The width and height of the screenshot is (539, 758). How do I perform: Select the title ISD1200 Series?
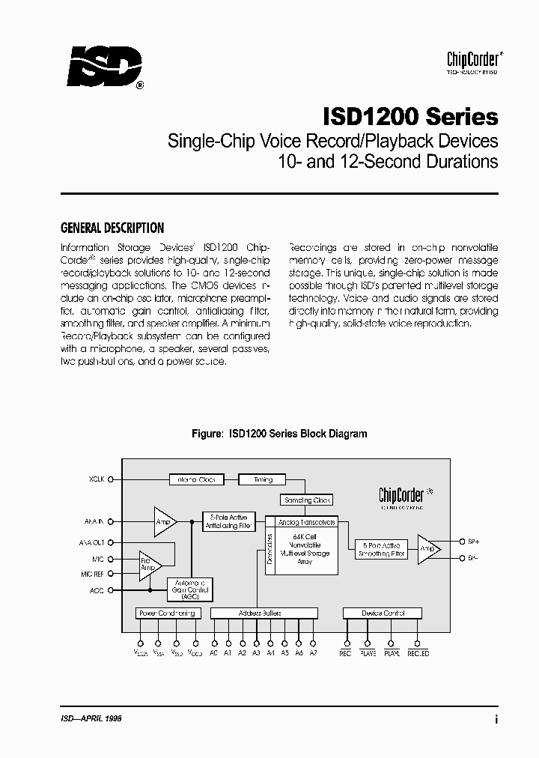point(410,117)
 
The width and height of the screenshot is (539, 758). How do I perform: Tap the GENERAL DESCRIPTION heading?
point(112,228)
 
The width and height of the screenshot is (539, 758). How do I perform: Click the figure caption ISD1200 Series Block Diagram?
point(279,434)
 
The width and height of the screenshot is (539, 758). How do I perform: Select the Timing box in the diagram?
point(263,479)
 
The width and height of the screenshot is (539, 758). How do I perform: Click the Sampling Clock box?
point(307,500)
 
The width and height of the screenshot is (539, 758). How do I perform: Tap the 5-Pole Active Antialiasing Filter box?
point(230,522)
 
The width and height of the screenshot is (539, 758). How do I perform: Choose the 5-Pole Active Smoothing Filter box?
point(383,550)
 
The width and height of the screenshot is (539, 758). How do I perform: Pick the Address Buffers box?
point(261,613)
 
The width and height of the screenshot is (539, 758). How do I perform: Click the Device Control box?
point(383,613)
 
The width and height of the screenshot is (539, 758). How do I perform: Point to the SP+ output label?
point(472,541)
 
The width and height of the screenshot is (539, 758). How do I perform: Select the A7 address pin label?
point(314,653)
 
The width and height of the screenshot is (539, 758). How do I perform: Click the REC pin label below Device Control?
point(345,653)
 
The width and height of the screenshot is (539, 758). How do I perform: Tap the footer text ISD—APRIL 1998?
point(91,718)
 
